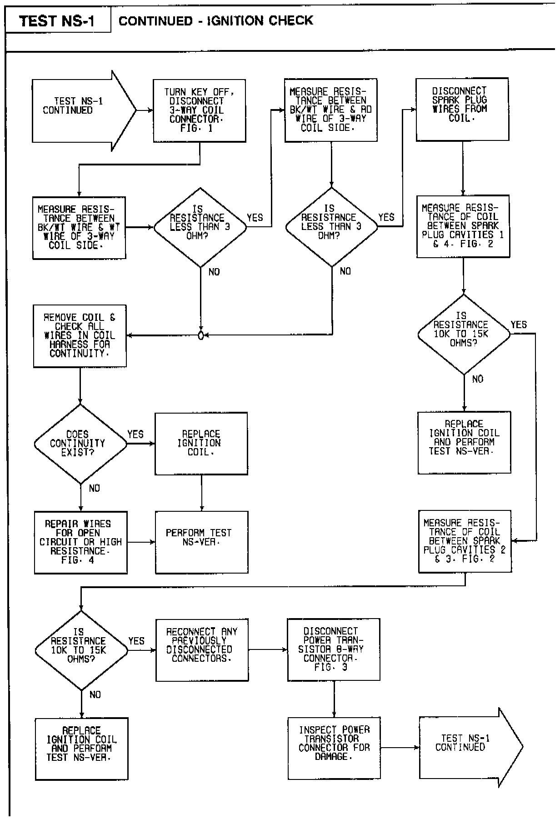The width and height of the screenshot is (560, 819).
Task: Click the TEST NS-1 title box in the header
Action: tap(57, 21)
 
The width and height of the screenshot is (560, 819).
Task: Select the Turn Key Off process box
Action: tap(199, 110)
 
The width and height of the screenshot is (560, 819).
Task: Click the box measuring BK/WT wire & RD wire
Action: tap(330, 110)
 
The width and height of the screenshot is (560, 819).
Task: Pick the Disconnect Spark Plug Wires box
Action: tap(462, 109)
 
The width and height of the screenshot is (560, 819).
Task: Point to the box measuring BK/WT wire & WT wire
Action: tap(79, 227)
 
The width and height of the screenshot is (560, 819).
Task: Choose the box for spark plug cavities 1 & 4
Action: tap(463, 226)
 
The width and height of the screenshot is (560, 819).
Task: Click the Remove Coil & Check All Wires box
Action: tap(80, 335)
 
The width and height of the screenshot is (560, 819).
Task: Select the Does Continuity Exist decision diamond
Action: tap(80, 444)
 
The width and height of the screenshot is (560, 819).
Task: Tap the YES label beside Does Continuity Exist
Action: tap(135, 434)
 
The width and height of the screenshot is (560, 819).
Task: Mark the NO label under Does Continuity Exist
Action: tap(94, 488)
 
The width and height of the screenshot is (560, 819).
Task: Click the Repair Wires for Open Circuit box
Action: tap(80, 542)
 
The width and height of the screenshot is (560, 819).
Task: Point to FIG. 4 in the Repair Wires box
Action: tap(78, 560)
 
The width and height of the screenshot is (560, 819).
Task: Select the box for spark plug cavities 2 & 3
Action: tap(465, 541)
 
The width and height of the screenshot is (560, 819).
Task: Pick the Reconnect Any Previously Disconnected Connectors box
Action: tap(202, 649)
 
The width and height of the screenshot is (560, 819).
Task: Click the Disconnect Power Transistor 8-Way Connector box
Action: tap(333, 649)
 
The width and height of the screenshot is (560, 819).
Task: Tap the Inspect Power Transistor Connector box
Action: tap(334, 748)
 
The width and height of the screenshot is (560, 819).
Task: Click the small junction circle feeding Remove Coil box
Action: tap(201, 336)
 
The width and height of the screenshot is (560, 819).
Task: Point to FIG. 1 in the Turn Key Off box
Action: tap(196, 129)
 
